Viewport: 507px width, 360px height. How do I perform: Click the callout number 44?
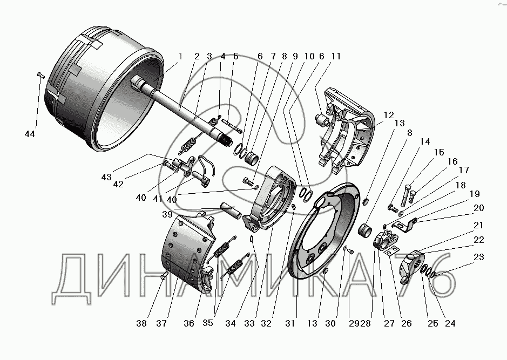pyautogui.click(x=30, y=134)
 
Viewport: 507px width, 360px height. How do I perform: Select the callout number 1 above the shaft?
pyautogui.click(x=180, y=56)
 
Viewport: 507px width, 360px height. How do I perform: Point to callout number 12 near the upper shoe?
pyautogui.click(x=389, y=115)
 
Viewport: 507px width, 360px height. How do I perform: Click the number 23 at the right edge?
pyautogui.click(x=479, y=257)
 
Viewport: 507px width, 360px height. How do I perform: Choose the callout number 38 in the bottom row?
pyautogui.click(x=141, y=323)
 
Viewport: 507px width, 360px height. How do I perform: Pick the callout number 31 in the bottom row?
pyautogui.click(x=290, y=323)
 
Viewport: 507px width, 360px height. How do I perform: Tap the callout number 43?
pyautogui.click(x=106, y=177)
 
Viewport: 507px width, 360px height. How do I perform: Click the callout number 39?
pyautogui.click(x=167, y=214)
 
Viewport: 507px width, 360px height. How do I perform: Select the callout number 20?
pyautogui.click(x=479, y=208)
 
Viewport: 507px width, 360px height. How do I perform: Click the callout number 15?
pyautogui.click(x=439, y=152)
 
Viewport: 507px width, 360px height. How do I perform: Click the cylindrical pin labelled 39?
pyautogui.click(x=231, y=210)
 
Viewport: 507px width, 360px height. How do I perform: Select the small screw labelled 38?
pyautogui.click(x=164, y=275)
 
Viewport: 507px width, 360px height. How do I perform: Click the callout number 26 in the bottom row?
pyautogui.click(x=407, y=323)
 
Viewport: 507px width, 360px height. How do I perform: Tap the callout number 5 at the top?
pyautogui.click(x=236, y=56)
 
